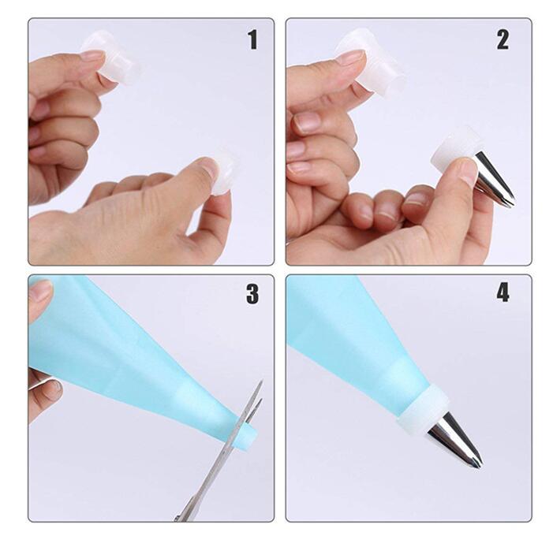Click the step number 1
click(253, 40)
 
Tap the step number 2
click(503, 40)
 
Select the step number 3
click(252, 294)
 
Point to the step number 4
click(503, 293)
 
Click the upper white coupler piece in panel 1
click(111, 59)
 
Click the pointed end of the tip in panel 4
click(480, 466)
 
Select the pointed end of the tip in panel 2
click(513, 204)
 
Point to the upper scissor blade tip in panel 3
click(263, 381)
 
